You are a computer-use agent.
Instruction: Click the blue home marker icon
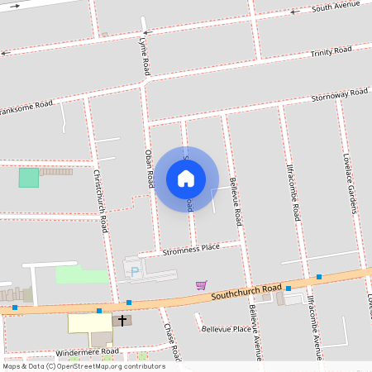pos(186,178)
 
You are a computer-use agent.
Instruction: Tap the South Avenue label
pos(336,7)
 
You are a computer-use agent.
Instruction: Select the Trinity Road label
pos(331,52)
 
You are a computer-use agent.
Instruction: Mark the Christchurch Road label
pos(100,200)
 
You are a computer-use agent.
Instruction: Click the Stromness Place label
pos(191,248)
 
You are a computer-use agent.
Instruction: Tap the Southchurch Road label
pos(246,291)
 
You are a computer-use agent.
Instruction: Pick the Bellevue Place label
pos(227,329)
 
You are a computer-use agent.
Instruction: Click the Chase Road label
pos(171,334)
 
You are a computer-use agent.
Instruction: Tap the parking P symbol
pos(134,270)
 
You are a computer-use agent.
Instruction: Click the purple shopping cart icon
pos(201,284)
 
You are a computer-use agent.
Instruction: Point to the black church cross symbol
pos(123,319)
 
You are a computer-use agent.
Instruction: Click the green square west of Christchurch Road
pos(29,177)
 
